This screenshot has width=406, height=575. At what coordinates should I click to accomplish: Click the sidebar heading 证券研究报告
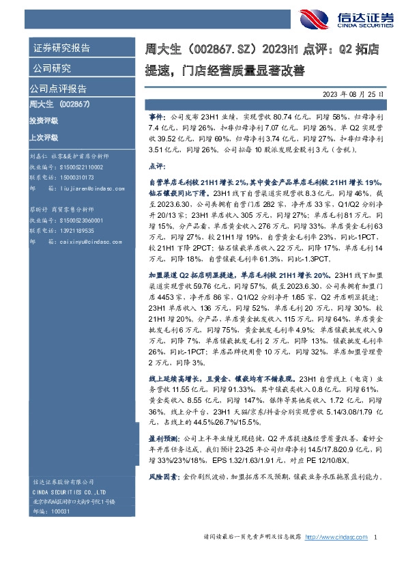[61, 48]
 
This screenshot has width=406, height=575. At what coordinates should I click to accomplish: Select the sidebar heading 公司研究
[52, 68]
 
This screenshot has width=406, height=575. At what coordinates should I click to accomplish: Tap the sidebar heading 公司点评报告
[57, 89]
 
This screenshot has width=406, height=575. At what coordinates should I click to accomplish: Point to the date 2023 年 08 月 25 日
[352, 94]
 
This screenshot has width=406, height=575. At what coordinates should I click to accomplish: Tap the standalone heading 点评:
[156, 166]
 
